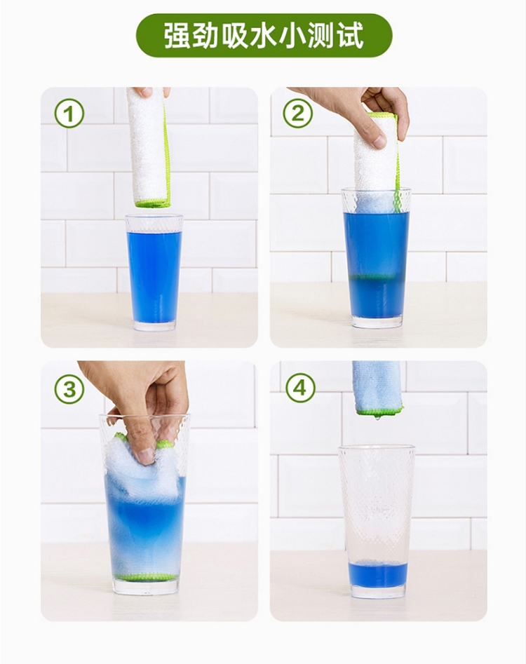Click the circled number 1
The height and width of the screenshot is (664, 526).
(x=69, y=113)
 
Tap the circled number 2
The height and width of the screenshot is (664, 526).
(x=298, y=113)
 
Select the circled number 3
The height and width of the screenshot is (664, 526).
(x=69, y=388)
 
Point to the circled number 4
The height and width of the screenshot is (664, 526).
(x=300, y=388)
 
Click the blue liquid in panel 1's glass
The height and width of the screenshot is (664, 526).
(x=154, y=276)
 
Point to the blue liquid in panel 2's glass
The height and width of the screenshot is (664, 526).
(x=376, y=262)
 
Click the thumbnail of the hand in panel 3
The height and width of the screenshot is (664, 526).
(x=145, y=457)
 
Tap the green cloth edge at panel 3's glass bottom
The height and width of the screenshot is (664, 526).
(x=145, y=577)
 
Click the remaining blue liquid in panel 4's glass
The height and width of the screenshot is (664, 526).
(x=377, y=575)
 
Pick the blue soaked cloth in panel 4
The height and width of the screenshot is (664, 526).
(x=377, y=386)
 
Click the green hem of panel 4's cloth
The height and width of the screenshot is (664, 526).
(x=379, y=410)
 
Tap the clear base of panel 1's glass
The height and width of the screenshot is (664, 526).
(x=154, y=327)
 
